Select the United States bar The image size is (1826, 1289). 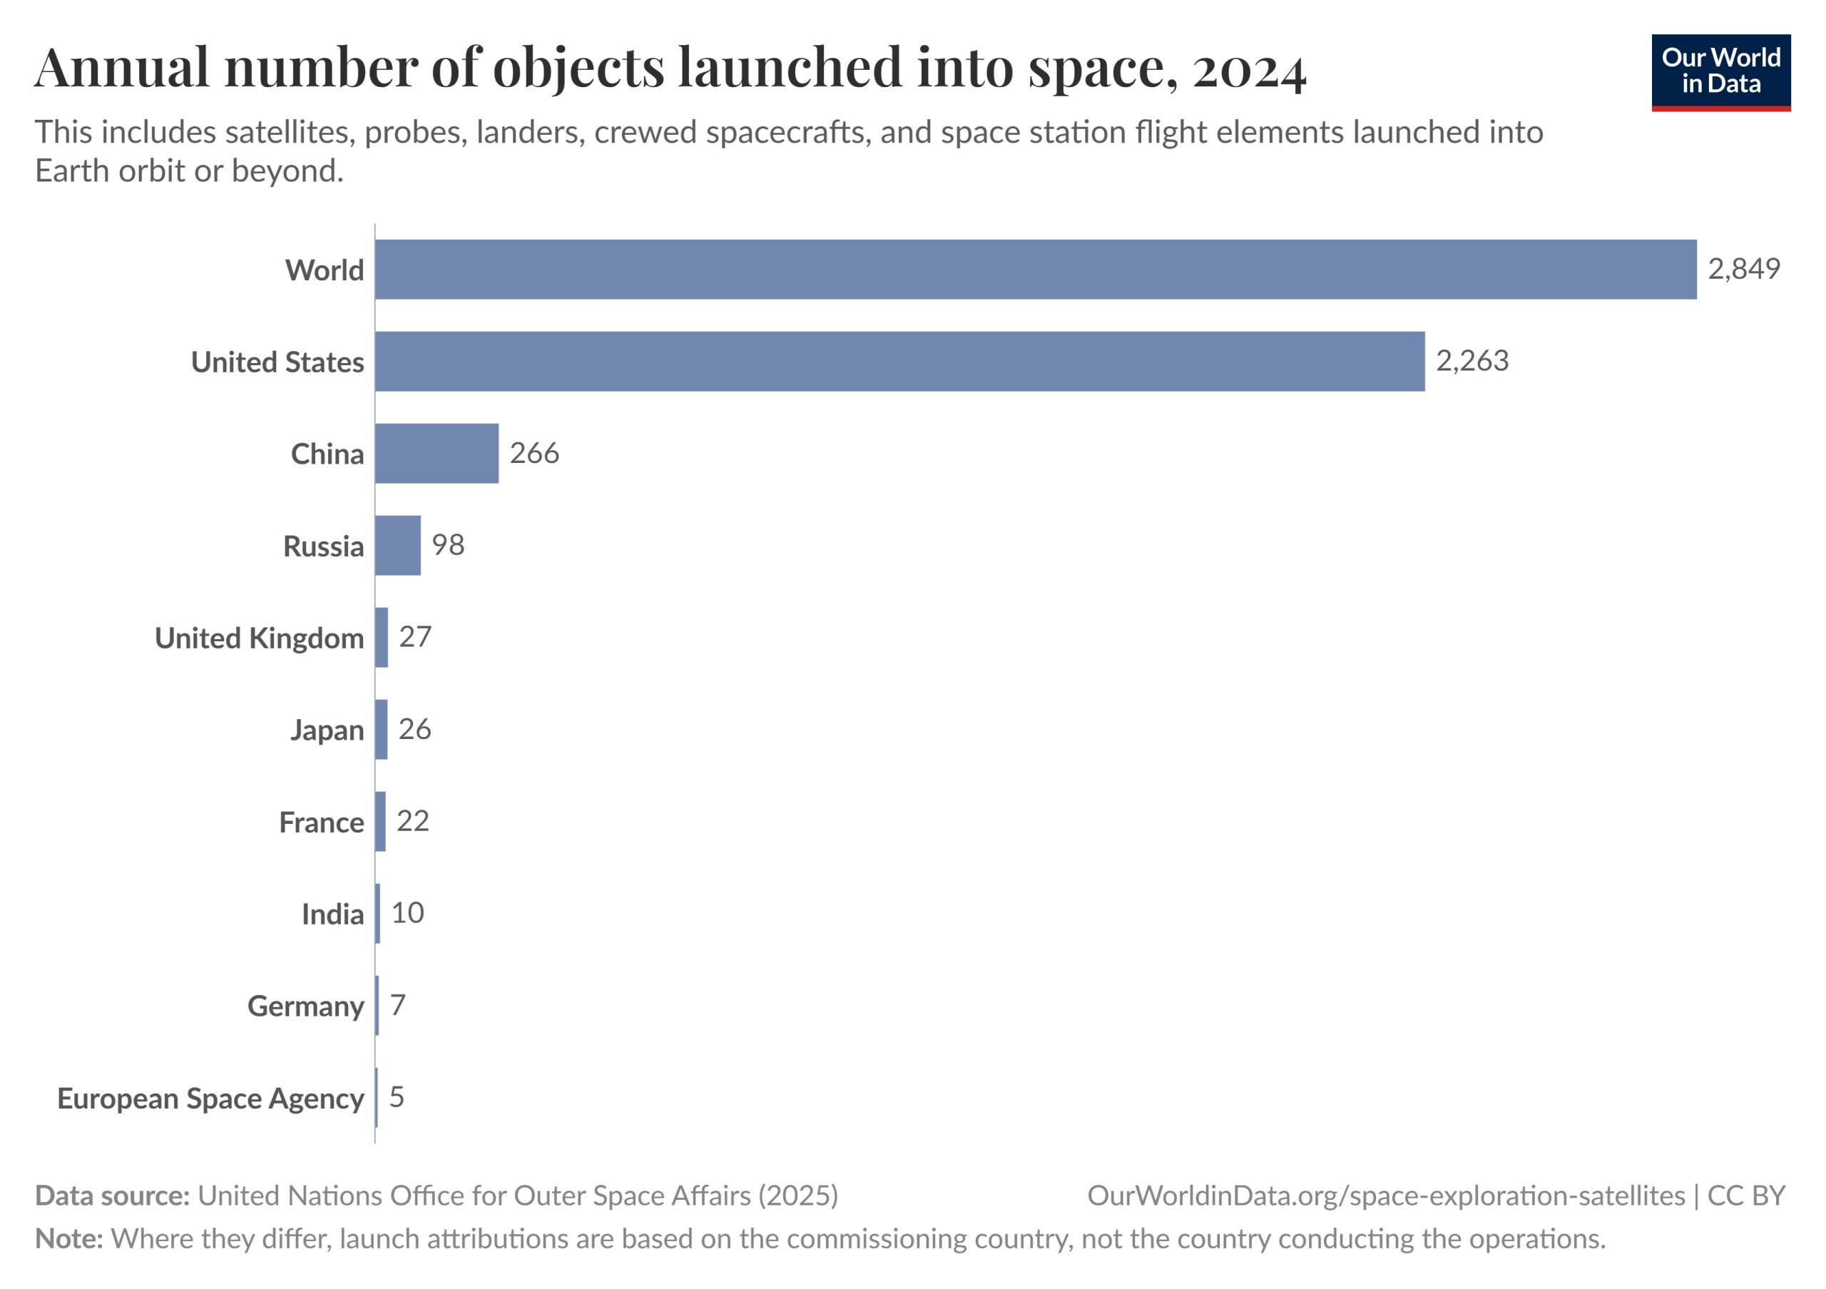coord(899,362)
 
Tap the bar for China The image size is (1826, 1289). coord(437,453)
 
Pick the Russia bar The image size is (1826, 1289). coord(397,546)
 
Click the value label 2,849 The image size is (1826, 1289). coord(1743,270)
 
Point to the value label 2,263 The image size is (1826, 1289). coord(1471,362)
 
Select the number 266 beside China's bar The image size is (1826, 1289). coord(534,453)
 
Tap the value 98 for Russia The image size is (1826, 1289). coord(448,546)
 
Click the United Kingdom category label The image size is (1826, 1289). coord(259,638)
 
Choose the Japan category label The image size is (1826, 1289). coord(327,730)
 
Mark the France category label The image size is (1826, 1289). coord(321,822)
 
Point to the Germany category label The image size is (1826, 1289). coord(305,1007)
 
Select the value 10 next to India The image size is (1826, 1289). coord(408,913)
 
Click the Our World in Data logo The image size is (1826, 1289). coord(1720,72)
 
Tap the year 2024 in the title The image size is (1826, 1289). coord(1249,70)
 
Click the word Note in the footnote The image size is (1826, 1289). coord(68,1238)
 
